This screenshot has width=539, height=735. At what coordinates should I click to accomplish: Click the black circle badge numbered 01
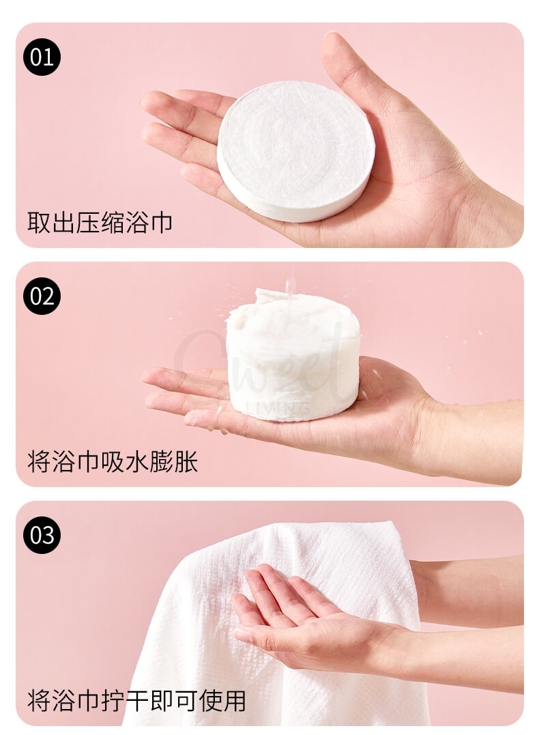click(x=42, y=56)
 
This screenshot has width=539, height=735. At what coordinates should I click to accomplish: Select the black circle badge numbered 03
click(x=42, y=534)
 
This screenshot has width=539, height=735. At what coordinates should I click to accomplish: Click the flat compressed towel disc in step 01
click(x=295, y=150)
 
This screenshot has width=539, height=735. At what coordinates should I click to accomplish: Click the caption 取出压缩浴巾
click(x=100, y=222)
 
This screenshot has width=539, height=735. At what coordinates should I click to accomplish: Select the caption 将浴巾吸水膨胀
click(x=113, y=462)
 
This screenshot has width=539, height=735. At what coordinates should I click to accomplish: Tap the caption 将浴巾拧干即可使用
click(x=136, y=700)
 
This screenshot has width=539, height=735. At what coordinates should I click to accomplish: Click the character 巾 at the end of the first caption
click(x=162, y=222)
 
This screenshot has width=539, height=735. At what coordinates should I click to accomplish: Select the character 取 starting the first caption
click(x=38, y=222)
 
